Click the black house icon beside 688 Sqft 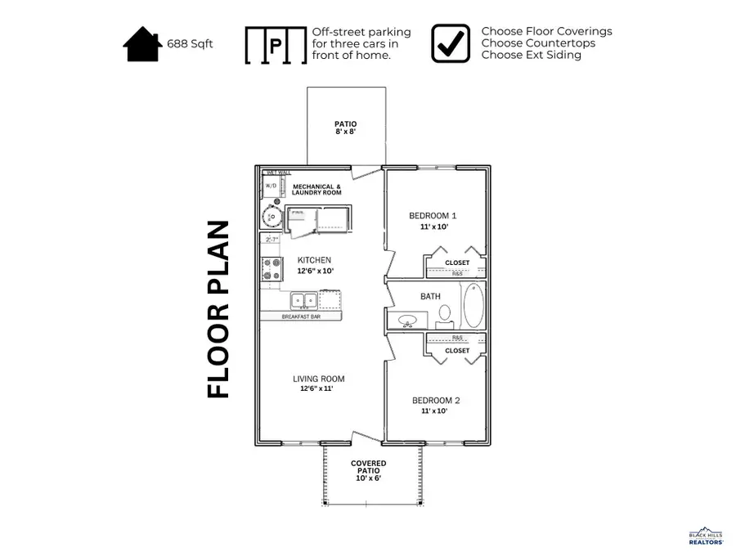pyautogui.click(x=142, y=44)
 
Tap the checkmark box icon pyautogui.click(x=451, y=43)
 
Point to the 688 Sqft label pyautogui.click(x=190, y=44)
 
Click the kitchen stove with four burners pyautogui.click(x=272, y=270)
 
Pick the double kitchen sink pyautogui.click(x=300, y=300)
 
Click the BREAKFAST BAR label pyautogui.click(x=300, y=316)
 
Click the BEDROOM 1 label pyautogui.click(x=433, y=216)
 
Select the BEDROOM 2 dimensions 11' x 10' pyautogui.click(x=435, y=411)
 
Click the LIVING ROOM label pyautogui.click(x=319, y=379)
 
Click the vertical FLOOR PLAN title pyautogui.click(x=218, y=310)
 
